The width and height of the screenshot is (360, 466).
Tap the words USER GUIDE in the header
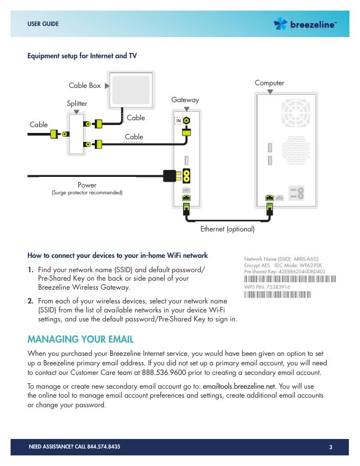43,24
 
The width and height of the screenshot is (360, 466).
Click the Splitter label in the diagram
77,104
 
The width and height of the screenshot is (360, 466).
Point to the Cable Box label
85,86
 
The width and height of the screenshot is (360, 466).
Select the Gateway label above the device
185,100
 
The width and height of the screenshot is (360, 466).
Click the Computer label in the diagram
269,83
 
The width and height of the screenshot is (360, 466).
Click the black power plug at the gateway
170,175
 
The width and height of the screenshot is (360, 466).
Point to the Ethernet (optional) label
228,230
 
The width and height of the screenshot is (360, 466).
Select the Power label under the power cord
87,185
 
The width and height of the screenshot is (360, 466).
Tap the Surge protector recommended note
87,193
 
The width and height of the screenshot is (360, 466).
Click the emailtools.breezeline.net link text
239,386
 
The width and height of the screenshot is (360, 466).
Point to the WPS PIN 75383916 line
267,287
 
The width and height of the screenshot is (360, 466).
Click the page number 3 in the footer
330,447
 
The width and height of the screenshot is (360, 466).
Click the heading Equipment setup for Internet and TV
82,56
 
